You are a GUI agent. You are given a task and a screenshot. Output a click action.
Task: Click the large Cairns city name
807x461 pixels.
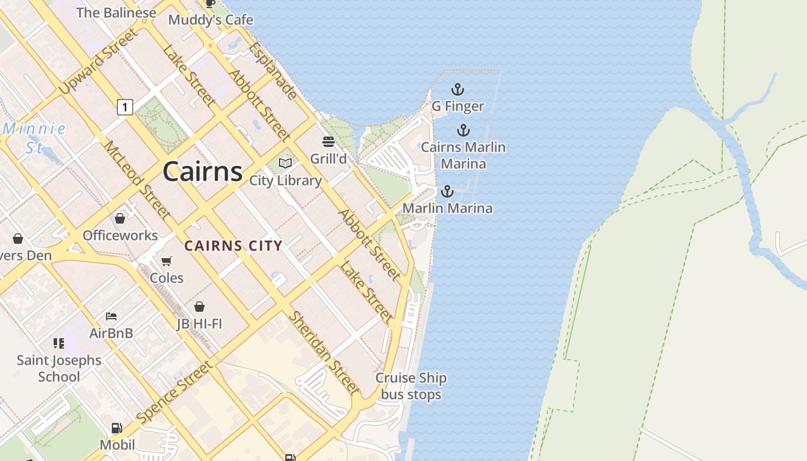pos(202,172)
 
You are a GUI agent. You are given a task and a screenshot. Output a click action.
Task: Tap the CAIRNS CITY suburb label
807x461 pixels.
pos(233,246)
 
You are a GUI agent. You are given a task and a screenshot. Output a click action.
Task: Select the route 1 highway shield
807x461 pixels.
pos(125,107)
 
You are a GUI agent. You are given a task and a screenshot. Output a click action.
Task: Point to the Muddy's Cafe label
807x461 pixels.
pos(210,20)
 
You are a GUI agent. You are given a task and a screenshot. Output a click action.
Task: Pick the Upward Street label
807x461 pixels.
pos(99,62)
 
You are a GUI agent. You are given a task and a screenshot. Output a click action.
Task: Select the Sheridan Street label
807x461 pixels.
pos(324,353)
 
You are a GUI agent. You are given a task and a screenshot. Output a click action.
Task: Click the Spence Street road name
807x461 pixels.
pos(174,392)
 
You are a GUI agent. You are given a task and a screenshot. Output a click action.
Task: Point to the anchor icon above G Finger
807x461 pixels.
pos(457,89)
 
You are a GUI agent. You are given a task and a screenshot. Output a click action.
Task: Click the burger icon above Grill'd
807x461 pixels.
pos(329,142)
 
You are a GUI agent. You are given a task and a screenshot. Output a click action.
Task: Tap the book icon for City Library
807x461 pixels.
pos(285,164)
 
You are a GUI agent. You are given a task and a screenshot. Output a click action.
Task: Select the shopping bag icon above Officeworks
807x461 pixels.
pos(120,218)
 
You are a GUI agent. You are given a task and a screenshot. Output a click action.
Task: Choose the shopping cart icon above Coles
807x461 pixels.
pos(167,262)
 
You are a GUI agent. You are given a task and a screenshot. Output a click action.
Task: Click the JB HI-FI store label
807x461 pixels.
pos(199,323)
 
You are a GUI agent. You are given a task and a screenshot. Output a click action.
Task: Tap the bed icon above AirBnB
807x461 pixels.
pos(111,316)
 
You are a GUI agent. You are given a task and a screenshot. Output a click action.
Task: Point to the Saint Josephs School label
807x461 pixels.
pos(59,368)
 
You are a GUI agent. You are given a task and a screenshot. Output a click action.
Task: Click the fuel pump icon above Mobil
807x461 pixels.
pos(117,428)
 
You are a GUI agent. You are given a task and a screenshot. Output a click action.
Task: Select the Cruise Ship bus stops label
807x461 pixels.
pos(411,386)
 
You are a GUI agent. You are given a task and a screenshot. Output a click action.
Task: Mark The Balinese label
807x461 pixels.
pos(116,13)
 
